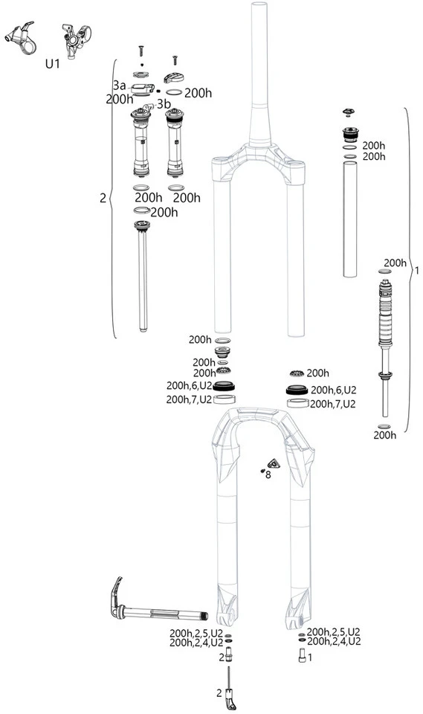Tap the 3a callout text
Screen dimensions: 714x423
[x=119, y=86]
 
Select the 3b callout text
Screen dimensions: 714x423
[x=164, y=103]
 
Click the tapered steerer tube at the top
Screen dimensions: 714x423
[x=259, y=74]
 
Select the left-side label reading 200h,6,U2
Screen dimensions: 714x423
[x=189, y=386]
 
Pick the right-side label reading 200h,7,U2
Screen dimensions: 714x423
[x=332, y=404]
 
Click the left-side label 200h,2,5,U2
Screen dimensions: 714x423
[x=196, y=632]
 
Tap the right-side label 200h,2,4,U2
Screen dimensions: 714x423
[x=334, y=640]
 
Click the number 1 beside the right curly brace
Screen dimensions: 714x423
[x=416, y=271]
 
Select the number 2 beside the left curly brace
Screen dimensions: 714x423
[x=103, y=199]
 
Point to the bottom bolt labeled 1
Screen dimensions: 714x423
[x=301, y=657]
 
